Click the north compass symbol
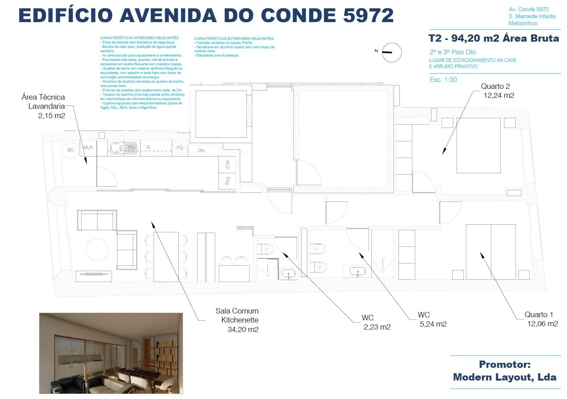(x=392, y=53)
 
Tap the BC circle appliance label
(x=71, y=150)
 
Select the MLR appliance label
(x=88, y=147)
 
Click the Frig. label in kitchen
(x=228, y=180)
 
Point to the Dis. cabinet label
(x=201, y=150)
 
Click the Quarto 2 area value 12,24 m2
(x=499, y=96)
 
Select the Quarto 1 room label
(x=539, y=315)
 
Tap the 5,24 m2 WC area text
(x=433, y=324)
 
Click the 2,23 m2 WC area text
(x=377, y=327)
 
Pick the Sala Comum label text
(x=237, y=311)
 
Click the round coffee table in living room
(x=97, y=250)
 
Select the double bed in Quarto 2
(x=478, y=145)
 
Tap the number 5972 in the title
(x=368, y=15)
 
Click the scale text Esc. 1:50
(x=443, y=80)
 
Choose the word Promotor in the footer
(x=504, y=364)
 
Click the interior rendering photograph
(x=111, y=353)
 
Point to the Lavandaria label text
(x=46, y=106)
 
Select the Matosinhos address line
(x=523, y=23)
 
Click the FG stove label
(x=180, y=148)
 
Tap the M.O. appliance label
(x=228, y=165)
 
